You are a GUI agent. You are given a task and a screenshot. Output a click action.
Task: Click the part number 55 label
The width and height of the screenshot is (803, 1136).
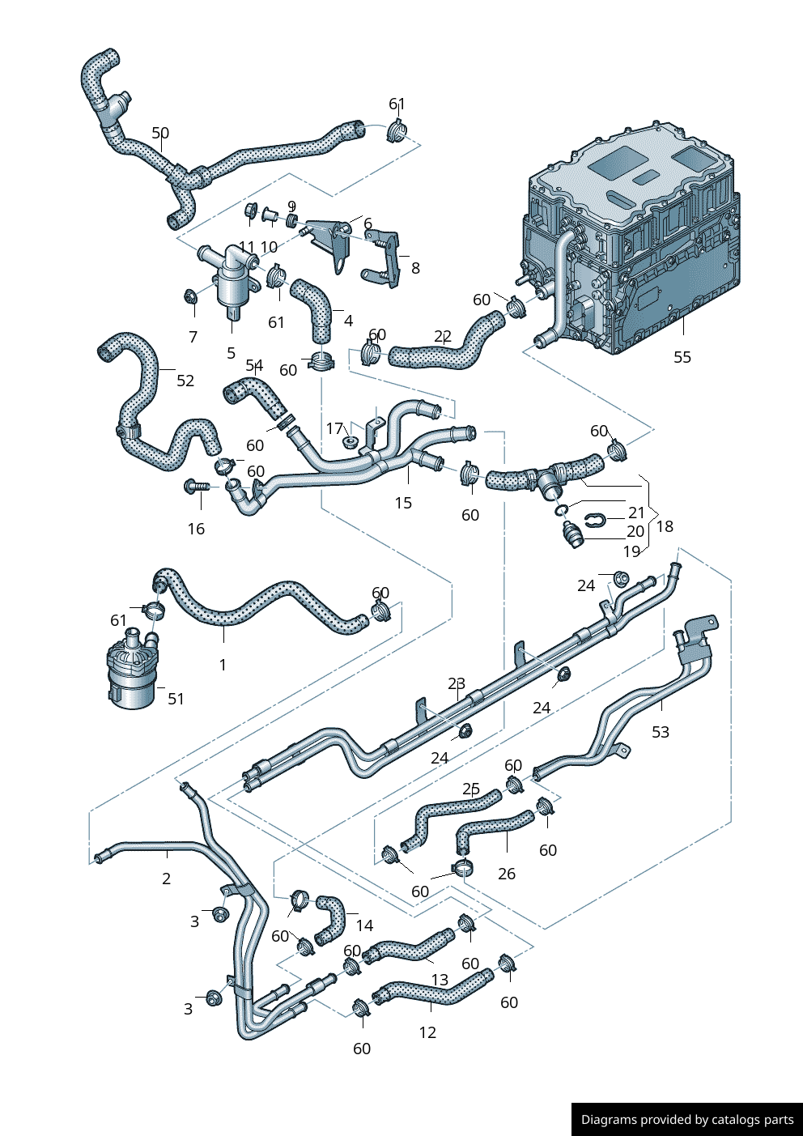click(x=682, y=357)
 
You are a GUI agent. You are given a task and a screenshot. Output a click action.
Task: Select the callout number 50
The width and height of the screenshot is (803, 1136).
click(x=160, y=133)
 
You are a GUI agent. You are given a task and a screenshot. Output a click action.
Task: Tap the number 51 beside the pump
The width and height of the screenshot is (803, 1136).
click(x=176, y=698)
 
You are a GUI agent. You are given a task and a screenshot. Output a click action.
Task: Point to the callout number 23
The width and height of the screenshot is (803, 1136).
click(x=457, y=683)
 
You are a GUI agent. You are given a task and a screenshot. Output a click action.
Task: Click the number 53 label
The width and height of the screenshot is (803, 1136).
click(x=661, y=732)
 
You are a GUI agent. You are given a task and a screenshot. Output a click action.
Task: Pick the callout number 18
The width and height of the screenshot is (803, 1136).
click(x=665, y=526)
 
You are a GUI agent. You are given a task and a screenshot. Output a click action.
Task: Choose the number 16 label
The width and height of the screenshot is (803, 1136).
click(x=196, y=529)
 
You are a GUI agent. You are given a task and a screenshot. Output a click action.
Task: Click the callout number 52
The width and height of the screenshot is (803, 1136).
click(x=185, y=381)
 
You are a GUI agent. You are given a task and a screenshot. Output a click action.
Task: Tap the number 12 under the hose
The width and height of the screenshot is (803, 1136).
click(x=427, y=1032)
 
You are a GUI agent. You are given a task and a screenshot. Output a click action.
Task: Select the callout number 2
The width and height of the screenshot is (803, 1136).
click(x=166, y=879)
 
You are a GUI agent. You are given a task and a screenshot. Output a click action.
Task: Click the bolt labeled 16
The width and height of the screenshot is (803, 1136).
click(x=197, y=486)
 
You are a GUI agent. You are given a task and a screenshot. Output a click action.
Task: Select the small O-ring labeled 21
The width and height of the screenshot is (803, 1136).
click(x=561, y=510)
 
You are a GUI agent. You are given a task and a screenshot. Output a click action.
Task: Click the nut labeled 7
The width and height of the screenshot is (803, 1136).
click(x=191, y=296)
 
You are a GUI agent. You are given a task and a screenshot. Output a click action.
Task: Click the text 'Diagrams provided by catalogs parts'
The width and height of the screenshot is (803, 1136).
click(x=687, y=1120)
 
